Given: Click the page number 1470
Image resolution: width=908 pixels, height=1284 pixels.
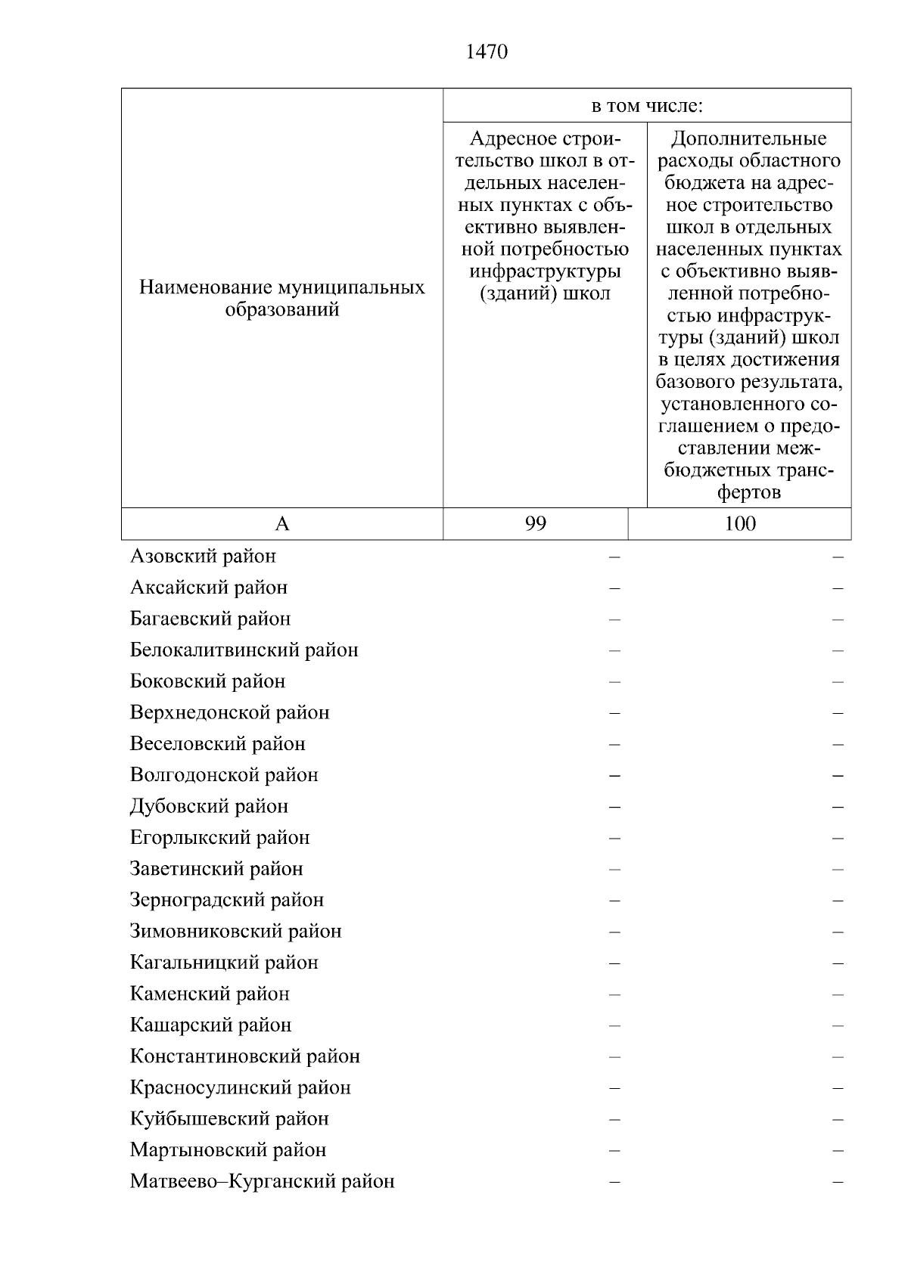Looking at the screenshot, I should [487, 52].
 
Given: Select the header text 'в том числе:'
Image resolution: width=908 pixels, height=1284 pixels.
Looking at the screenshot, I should [647, 106].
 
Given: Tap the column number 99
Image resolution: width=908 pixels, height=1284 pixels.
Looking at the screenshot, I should [535, 523].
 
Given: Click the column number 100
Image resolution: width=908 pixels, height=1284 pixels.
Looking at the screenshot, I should [739, 523].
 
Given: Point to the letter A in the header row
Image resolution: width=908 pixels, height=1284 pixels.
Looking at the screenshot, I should [281, 523].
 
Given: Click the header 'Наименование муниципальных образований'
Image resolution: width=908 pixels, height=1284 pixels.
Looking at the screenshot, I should [281, 299].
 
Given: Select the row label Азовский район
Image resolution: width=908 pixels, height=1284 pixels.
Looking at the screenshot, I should [203, 557].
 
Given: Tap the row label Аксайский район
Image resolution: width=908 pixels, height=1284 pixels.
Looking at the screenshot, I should [209, 588].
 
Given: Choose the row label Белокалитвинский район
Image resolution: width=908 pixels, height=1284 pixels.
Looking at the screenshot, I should [244, 650].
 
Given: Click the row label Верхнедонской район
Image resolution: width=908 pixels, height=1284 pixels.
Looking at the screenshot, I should [230, 712].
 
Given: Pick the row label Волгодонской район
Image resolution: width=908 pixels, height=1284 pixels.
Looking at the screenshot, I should [224, 775].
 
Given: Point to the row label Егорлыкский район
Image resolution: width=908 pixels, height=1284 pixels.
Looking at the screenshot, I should [219, 838].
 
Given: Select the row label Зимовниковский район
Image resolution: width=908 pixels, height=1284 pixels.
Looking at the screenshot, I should [235, 932].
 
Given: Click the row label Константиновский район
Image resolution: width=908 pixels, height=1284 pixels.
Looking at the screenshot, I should [244, 1056].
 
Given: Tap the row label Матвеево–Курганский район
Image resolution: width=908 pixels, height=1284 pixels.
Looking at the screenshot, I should [262, 1181].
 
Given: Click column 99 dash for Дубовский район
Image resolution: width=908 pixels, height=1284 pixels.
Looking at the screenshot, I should [614, 807].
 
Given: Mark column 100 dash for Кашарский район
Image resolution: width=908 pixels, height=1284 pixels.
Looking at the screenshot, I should [838, 1026].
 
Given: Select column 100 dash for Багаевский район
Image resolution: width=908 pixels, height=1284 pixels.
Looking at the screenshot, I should [838, 619].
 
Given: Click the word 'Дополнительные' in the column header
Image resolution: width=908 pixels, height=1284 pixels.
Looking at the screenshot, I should [749, 139].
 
